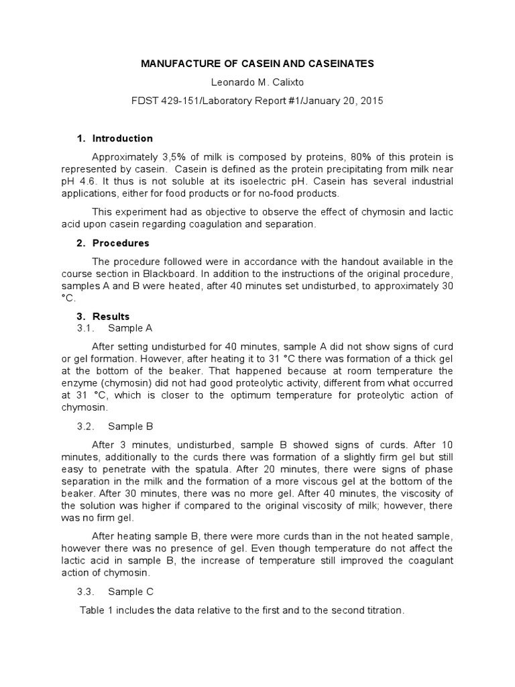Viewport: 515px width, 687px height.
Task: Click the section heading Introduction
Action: click(122, 138)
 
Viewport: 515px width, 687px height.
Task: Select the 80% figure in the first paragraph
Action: click(359, 158)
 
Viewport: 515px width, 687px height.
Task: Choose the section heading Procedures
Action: click(121, 243)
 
